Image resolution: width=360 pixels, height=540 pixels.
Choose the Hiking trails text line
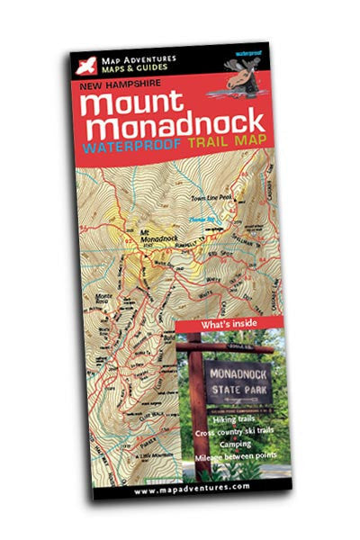click(231, 419)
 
